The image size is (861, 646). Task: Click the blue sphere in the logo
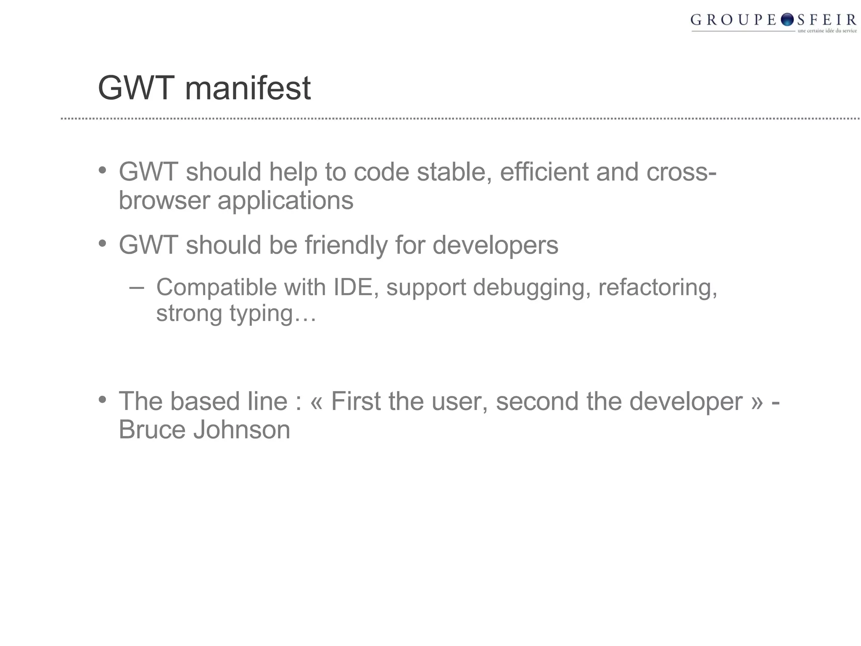(787, 19)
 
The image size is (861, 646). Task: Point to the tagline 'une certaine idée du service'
(827, 31)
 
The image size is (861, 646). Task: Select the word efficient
(544, 172)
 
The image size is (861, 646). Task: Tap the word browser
(164, 200)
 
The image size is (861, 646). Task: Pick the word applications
(285, 201)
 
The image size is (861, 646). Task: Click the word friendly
(346, 245)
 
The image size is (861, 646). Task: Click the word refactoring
(658, 288)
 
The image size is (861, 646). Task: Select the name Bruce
(152, 429)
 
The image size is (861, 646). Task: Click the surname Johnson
(242, 429)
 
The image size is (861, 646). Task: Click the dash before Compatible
(136, 288)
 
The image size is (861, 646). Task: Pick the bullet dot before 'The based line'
(102, 400)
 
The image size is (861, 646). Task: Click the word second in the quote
(537, 401)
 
